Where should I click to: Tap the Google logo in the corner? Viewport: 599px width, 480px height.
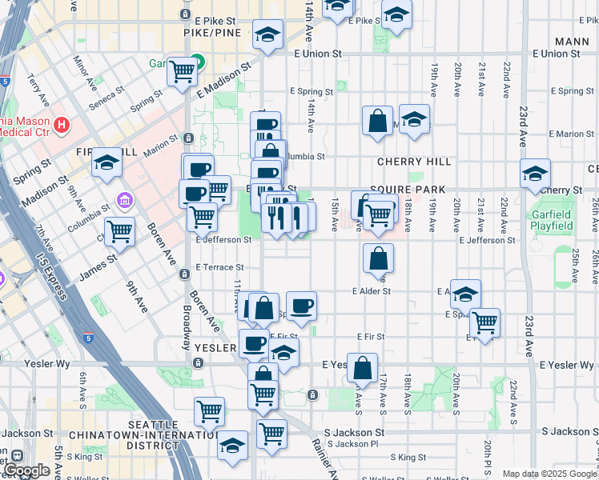tap(26, 470)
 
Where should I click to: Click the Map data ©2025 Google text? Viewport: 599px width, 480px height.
tap(549, 474)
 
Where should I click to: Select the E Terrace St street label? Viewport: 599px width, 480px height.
tap(219, 267)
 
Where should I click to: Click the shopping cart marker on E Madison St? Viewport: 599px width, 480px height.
tap(183, 71)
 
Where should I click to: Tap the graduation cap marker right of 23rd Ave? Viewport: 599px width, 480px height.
tap(535, 173)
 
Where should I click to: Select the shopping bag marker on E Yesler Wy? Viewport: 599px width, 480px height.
tap(362, 367)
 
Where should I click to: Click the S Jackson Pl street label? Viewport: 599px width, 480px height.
tap(352, 444)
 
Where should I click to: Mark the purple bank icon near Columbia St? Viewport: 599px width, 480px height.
tap(123, 199)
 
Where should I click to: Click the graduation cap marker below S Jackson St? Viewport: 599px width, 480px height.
tap(232, 446)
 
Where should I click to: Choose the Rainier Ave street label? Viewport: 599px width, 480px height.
tap(327, 457)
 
